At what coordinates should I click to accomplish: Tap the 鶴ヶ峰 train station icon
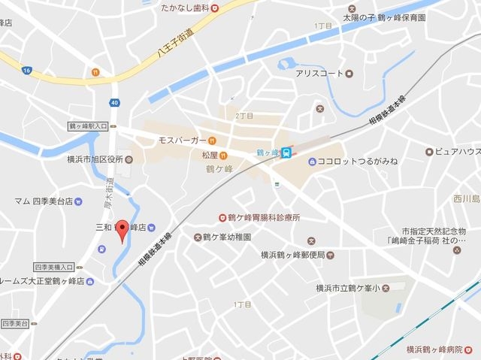click(x=286, y=153)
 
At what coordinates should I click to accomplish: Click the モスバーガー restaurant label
click(x=181, y=140)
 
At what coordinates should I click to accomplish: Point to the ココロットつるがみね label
click(x=357, y=161)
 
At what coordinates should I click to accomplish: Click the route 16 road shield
click(x=26, y=70)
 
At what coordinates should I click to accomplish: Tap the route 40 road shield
click(x=113, y=102)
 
